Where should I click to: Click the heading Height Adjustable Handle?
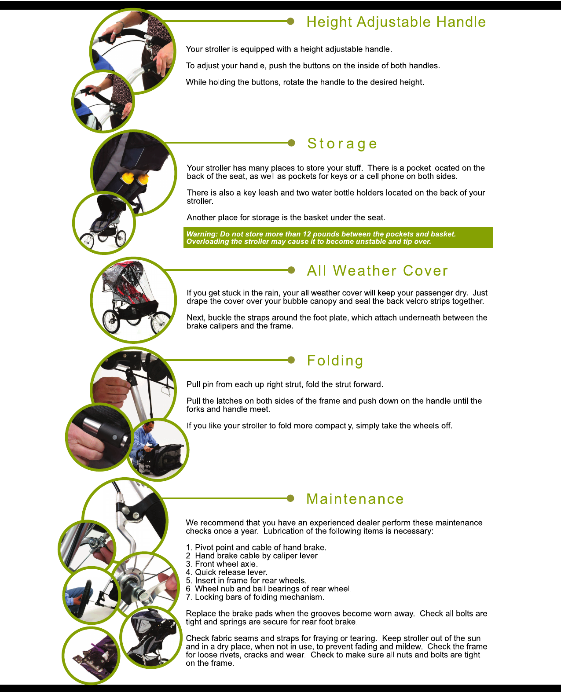tap(396, 22)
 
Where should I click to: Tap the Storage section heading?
tap(342, 144)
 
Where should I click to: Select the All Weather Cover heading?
tap(378, 270)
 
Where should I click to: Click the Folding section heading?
tap(335, 361)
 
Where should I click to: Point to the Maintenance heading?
tap(355, 499)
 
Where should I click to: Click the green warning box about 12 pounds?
tap(338, 238)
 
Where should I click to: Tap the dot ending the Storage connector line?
tap(291, 143)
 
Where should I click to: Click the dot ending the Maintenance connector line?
tap(290, 498)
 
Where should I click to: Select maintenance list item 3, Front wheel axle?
tap(222, 564)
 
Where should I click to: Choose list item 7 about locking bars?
tap(255, 597)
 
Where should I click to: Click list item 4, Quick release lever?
tap(227, 572)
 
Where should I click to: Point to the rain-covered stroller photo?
tap(133, 299)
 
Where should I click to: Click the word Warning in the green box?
tap(202, 234)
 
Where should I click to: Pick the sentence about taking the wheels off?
tap(319, 426)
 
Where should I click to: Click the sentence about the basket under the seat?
tap(286, 217)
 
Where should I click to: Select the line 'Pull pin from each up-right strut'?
tap(285, 384)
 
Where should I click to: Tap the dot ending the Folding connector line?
tap(291, 360)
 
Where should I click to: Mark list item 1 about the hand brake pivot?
tap(256, 547)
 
